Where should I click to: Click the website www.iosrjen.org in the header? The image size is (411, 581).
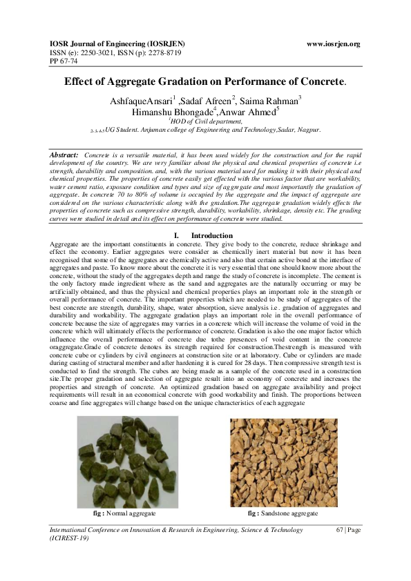coord(333,44)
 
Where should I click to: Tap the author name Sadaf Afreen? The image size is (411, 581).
coord(208,101)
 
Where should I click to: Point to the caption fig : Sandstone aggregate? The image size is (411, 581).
coord(283,513)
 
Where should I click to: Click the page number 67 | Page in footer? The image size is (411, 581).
coord(348,529)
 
